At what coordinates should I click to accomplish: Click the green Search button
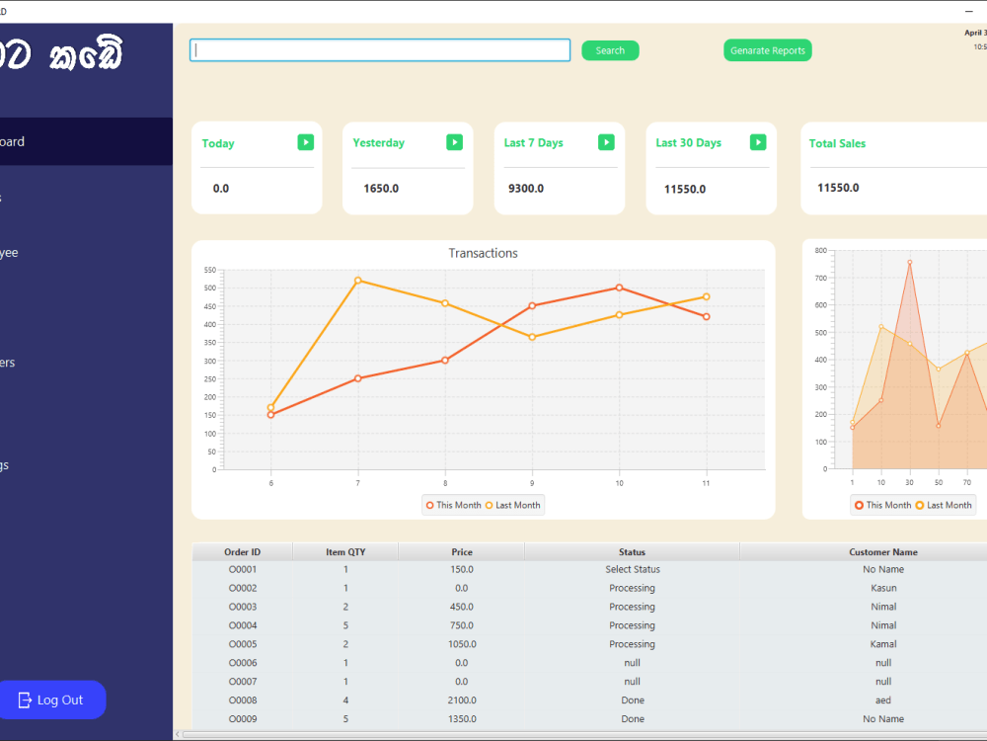point(610,50)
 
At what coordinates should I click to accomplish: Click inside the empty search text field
point(380,50)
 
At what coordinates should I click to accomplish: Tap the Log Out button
point(51,700)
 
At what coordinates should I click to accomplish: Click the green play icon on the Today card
point(306,142)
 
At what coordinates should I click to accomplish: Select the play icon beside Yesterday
point(454,142)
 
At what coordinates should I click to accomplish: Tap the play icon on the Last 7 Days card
point(606,142)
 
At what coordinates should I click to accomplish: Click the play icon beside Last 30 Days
point(758,142)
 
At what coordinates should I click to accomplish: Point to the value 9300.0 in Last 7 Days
point(526,188)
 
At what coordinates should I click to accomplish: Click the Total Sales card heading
point(837,143)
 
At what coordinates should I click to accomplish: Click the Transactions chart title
point(483,253)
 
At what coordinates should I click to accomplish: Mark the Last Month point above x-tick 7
point(357,281)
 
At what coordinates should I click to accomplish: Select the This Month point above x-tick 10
point(619,288)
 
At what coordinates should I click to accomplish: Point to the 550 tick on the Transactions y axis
point(210,270)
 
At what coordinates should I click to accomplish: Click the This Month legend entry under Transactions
point(453,505)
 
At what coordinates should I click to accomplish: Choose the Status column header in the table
point(632,551)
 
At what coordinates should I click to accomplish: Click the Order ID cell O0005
point(243,644)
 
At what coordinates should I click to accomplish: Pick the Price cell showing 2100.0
point(461,700)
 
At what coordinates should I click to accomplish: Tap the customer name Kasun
point(883,588)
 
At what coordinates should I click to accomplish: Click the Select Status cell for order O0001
point(632,569)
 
